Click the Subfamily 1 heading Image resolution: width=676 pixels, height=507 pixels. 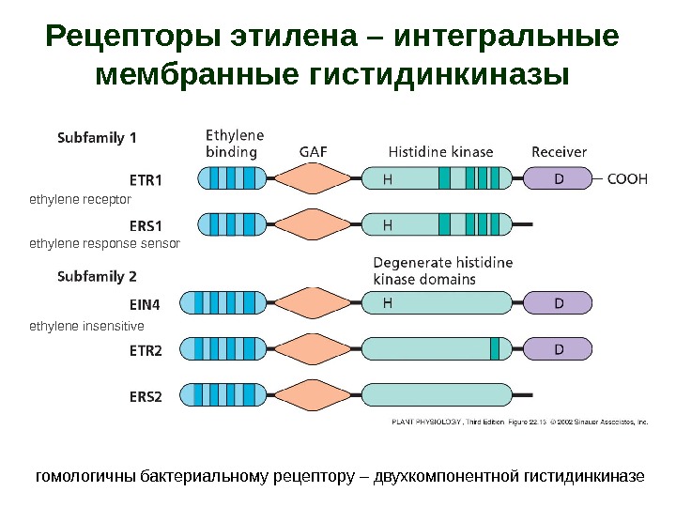click(98, 137)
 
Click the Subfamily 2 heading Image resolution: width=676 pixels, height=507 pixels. click(98, 276)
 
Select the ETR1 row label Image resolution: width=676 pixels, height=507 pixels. click(146, 178)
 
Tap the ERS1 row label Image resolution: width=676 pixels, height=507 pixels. click(146, 225)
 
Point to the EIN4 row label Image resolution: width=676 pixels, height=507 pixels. click(145, 303)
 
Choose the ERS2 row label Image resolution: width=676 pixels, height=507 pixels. click(146, 396)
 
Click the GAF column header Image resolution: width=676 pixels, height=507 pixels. click(314, 152)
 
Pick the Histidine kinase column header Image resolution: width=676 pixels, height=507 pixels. click(440, 152)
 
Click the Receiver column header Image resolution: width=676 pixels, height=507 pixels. click(559, 152)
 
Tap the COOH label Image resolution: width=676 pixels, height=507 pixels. click(628, 178)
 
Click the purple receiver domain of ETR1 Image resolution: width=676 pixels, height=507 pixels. click(558, 177)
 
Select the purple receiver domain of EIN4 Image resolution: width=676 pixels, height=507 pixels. click(558, 303)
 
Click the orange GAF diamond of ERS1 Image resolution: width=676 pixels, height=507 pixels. click(315, 224)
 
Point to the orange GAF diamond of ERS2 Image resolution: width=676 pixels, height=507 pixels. click(315, 395)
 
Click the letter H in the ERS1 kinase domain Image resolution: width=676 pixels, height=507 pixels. click(388, 225)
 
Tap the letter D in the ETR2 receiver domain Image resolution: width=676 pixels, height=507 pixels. click(559, 349)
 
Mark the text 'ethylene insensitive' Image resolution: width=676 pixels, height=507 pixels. click(86, 327)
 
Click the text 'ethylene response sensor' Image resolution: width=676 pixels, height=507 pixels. click(104, 244)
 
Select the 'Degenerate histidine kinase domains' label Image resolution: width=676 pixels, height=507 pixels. click(442, 270)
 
